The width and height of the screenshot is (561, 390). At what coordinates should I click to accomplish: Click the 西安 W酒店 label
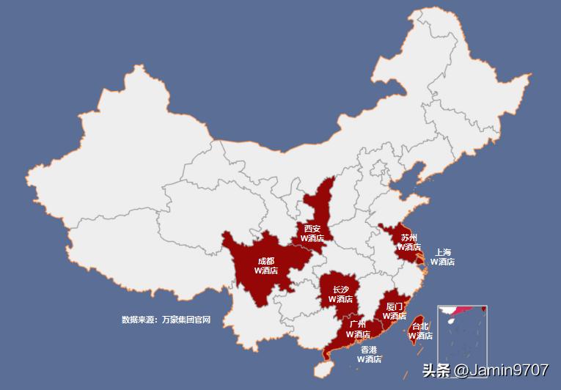click(x=312, y=233)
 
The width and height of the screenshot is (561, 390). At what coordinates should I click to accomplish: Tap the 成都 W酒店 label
click(x=266, y=265)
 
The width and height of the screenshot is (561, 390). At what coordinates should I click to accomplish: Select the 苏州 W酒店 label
click(x=408, y=242)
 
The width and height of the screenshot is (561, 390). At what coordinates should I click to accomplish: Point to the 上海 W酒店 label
click(x=442, y=257)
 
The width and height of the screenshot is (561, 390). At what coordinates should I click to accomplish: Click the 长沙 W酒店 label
click(x=340, y=294)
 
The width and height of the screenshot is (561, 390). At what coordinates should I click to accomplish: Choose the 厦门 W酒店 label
click(x=394, y=311)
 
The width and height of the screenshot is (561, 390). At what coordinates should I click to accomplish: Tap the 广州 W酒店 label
click(x=358, y=329)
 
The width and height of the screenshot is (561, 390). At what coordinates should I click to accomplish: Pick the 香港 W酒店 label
click(x=369, y=354)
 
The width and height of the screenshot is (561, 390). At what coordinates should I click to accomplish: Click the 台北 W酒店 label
click(x=420, y=331)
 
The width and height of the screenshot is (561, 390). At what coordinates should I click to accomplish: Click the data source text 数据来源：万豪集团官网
click(x=166, y=320)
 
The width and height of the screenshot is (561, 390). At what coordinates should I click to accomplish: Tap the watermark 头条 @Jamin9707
click(x=485, y=370)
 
